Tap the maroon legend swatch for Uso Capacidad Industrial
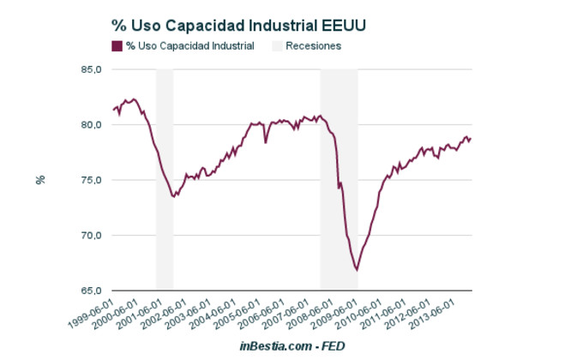[x=117, y=46]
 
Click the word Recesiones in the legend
[x=314, y=46]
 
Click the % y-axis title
[x=39, y=180]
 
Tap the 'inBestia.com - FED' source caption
[x=292, y=345]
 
